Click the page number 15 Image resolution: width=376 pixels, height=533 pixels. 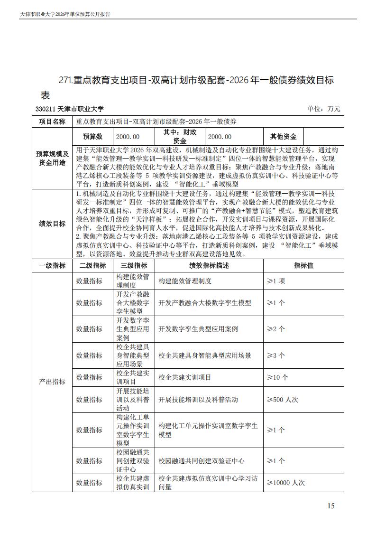point(331,505)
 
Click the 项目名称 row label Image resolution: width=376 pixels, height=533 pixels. point(52,122)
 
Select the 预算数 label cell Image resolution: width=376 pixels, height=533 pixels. point(93,137)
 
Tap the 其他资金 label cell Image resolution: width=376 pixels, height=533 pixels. point(283,137)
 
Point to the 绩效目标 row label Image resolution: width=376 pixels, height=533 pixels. point(52,224)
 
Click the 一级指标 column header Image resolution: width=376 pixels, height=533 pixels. point(52,266)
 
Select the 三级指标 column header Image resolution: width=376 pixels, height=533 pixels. point(134,266)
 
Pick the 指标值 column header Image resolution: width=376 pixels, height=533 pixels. point(303,266)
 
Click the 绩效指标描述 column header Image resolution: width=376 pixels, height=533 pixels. point(209,266)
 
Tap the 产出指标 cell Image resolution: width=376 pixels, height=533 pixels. point(52,382)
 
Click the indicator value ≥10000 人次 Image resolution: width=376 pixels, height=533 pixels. point(286,483)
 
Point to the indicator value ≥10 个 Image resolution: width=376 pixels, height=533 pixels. point(277,377)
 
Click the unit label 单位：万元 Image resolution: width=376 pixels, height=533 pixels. point(324,109)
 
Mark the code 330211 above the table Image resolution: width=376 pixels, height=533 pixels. point(45,109)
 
